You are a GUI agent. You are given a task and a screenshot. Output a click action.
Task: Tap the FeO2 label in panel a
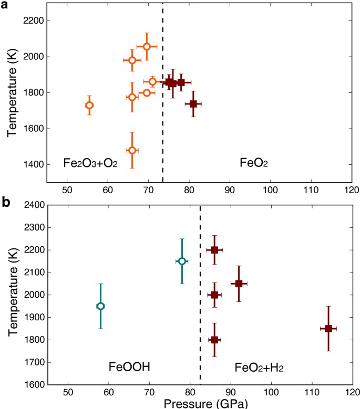click(240, 163)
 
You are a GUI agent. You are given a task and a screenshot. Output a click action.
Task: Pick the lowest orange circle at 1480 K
click(132, 150)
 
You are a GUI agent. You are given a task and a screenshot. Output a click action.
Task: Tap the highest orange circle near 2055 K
click(147, 47)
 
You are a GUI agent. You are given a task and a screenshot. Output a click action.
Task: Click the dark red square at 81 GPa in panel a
click(193, 104)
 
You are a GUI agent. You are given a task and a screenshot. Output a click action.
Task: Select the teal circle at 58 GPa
click(100, 306)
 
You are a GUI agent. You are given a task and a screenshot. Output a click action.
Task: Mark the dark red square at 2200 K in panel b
click(214, 250)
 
